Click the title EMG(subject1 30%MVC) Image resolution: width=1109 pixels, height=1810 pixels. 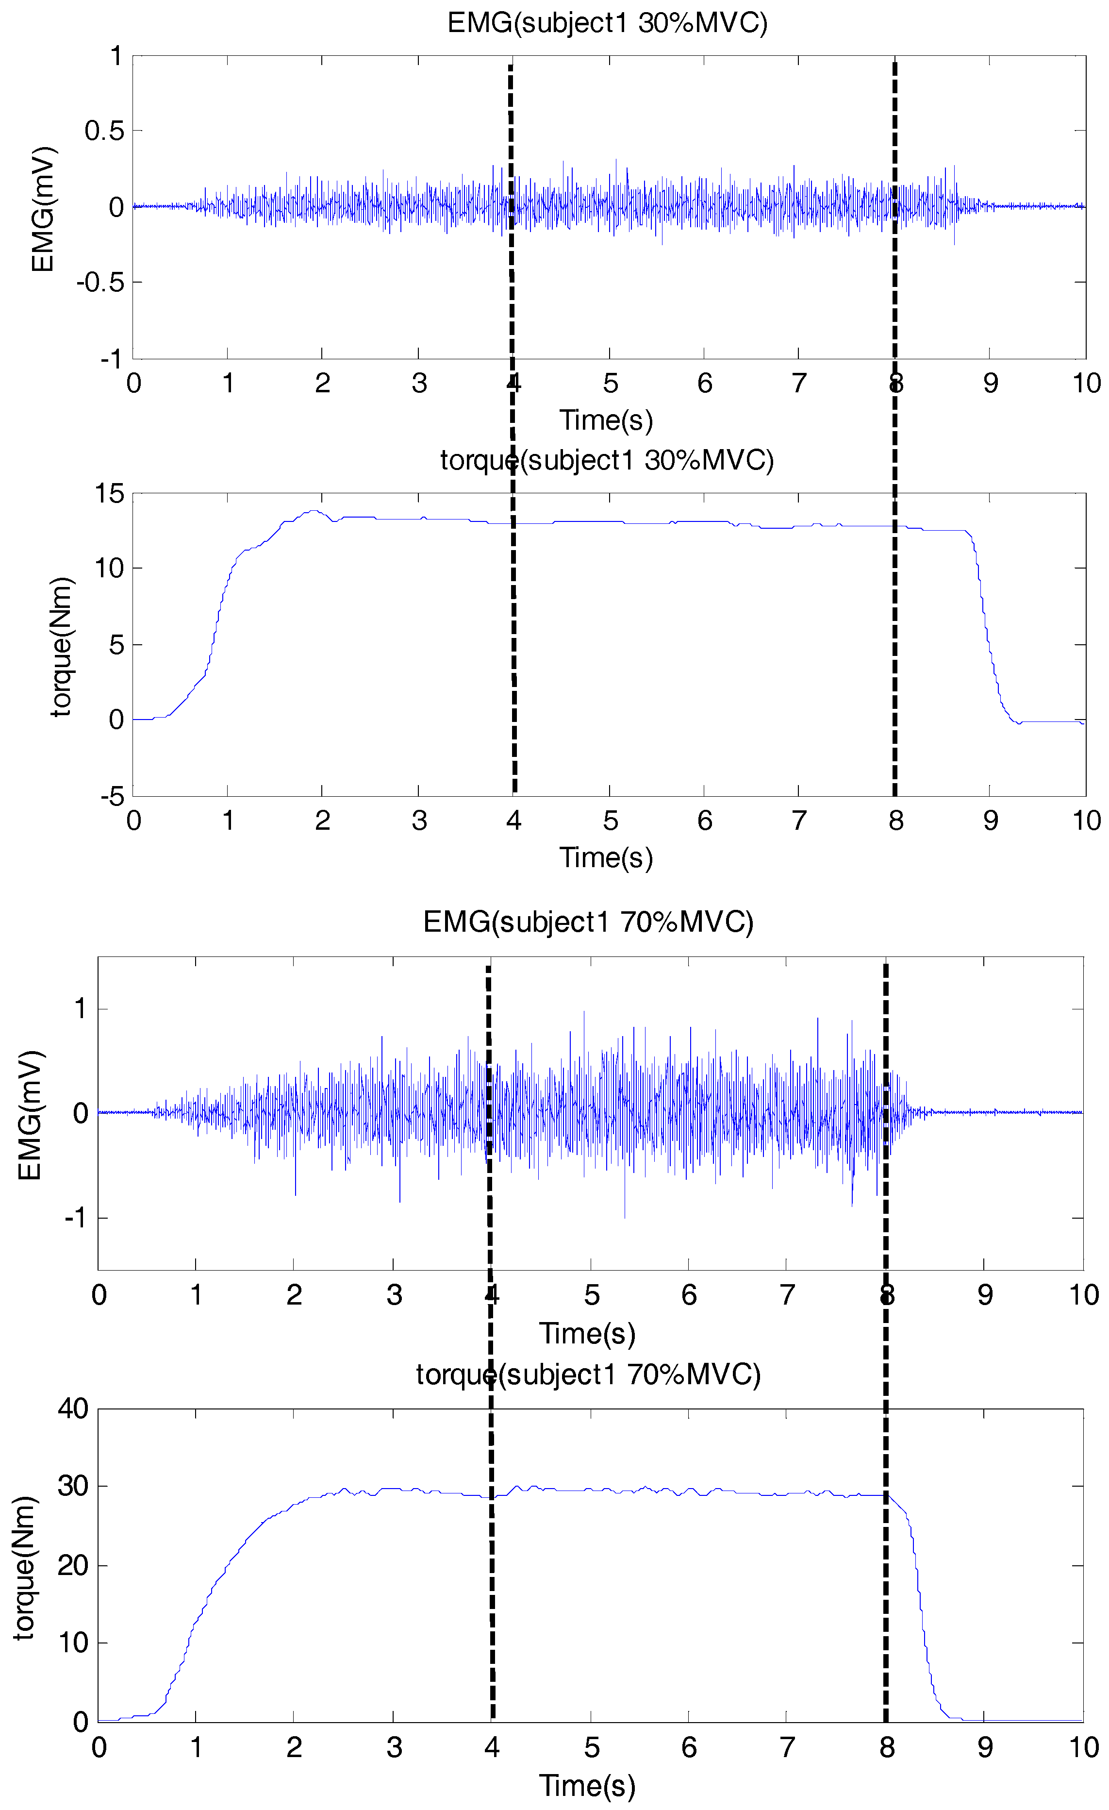pyautogui.click(x=607, y=23)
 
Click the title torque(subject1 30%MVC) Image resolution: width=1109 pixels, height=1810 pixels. pyautogui.click(x=607, y=461)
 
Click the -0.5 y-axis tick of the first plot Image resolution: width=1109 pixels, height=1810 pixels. pyautogui.click(x=100, y=282)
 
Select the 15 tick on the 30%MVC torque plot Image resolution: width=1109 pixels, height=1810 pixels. pyautogui.click(x=109, y=494)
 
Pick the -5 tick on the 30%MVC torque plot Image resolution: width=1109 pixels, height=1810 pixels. pyautogui.click(x=113, y=796)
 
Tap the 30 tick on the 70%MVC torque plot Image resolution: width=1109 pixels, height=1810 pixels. pyautogui.click(x=73, y=1486)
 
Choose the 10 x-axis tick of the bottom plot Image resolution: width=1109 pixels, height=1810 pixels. pyautogui.click(x=1083, y=1747)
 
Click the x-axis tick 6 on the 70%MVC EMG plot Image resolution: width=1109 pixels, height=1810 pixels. pyautogui.click(x=689, y=1295)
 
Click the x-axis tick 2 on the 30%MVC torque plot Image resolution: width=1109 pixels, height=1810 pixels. pyautogui.click(x=322, y=821)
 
